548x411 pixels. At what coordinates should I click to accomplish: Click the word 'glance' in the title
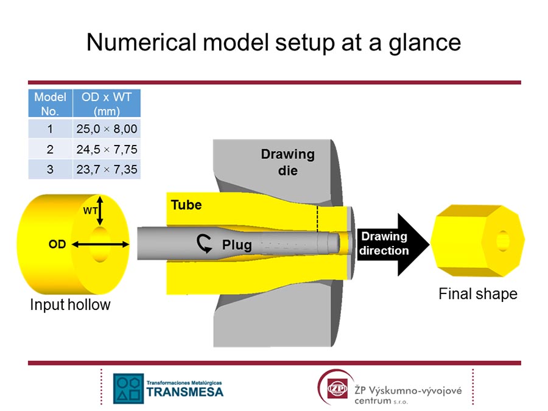pos(424,43)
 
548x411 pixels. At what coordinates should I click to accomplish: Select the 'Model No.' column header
pos(51,104)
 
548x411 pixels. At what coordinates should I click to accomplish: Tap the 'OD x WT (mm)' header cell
pos(107,104)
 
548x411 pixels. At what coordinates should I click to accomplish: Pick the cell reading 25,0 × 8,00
pos(107,128)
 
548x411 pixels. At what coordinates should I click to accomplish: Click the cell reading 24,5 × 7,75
pos(107,149)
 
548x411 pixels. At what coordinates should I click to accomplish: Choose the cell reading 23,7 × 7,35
pos(107,169)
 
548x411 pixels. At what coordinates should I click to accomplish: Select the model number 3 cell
pos(51,169)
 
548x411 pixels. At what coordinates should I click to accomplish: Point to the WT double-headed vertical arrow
pos(100,211)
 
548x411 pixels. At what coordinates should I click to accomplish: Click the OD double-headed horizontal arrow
pos(100,245)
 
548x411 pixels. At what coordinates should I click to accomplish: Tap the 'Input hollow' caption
pos(70,305)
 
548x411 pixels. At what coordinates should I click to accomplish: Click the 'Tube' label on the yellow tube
pos(186,205)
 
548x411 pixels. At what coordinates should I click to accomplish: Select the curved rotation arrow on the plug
pos(204,243)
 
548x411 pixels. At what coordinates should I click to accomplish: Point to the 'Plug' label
pos(237,245)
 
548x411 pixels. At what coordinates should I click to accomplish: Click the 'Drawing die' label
pos(288,162)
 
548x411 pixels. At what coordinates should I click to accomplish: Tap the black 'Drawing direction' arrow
pos(393,244)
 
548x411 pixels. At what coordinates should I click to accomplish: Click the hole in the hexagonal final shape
pos(502,241)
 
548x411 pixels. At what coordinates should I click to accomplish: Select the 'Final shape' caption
pos(478,294)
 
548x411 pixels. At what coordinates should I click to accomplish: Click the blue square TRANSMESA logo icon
pos(128,388)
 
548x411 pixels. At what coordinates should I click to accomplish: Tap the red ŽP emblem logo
pos(337,388)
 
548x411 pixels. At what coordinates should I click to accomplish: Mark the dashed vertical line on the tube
pos(317,219)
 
